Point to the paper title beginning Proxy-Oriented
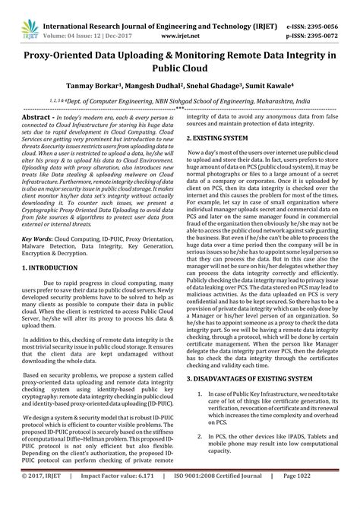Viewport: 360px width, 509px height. coord(180,49)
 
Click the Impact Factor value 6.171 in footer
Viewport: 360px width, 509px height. coord(113,497)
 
